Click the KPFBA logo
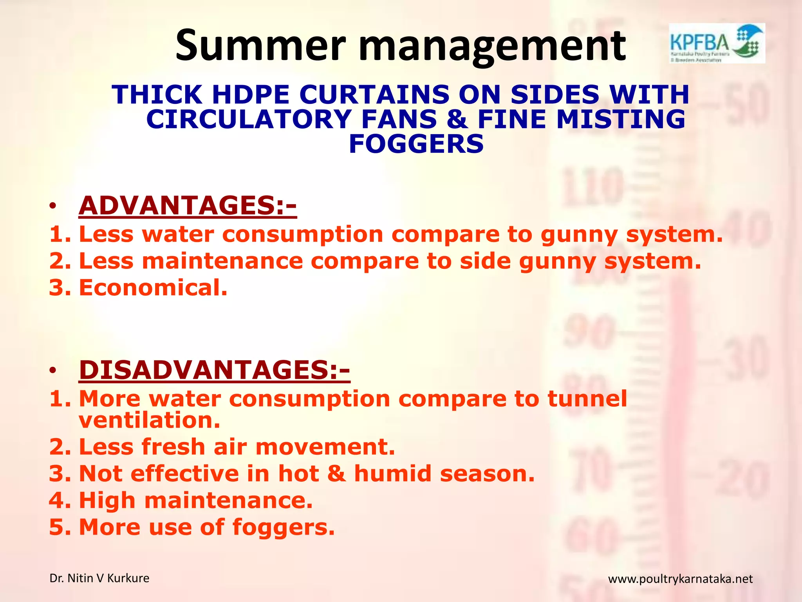tap(717, 43)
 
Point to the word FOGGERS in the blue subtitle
tap(416, 144)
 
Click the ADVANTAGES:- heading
tap(188, 205)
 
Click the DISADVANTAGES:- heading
tap(214, 370)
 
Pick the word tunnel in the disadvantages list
tap(587, 399)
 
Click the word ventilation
tap(150, 420)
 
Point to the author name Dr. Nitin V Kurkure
tap(99, 578)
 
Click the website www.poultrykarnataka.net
tap(680, 579)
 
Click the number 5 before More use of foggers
tap(56, 527)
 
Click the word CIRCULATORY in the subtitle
tap(249, 119)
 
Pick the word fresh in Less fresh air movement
tap(173, 447)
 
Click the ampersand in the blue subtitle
tap(457, 119)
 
